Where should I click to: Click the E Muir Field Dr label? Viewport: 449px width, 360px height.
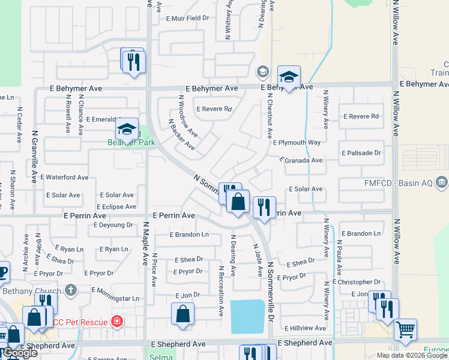(x=188, y=19)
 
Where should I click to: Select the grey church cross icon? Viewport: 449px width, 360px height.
(x=71, y=290)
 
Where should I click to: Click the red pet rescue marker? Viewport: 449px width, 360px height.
(x=116, y=322)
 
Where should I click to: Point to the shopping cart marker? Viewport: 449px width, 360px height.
(x=405, y=329)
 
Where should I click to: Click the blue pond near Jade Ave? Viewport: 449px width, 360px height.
(x=247, y=316)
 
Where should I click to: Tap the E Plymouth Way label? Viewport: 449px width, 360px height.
(x=297, y=143)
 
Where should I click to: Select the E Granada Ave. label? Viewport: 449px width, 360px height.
(x=302, y=160)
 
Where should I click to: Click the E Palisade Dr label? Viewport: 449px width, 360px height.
(x=361, y=153)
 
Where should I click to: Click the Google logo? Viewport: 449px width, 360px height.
(x=20, y=353)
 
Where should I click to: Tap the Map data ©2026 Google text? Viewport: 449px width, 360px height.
(x=412, y=355)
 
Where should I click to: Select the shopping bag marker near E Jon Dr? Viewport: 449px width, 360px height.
(x=182, y=314)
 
